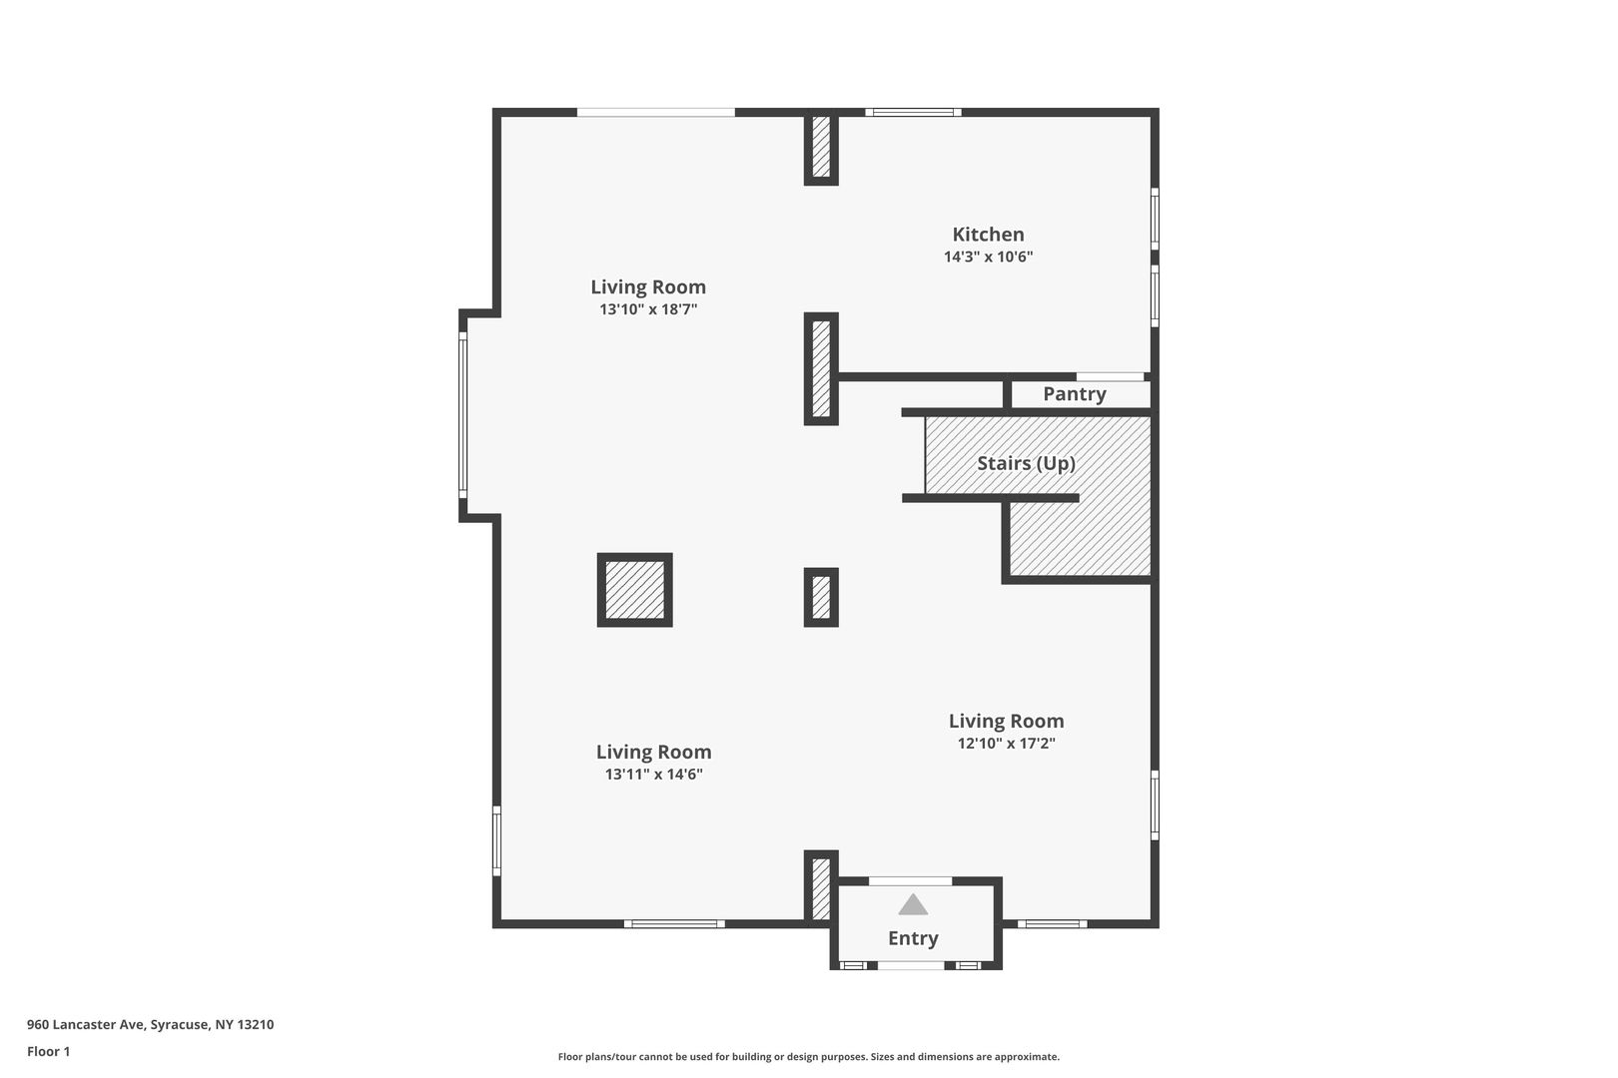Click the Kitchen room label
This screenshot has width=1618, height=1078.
tap(988, 235)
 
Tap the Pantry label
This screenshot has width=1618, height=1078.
tap(1074, 394)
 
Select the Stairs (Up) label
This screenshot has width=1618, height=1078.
tap(1026, 463)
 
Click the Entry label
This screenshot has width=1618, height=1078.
tap(913, 938)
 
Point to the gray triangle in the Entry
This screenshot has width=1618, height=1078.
tap(913, 905)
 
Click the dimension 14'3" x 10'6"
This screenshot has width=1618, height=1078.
tap(988, 258)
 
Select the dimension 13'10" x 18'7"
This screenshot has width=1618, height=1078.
tap(648, 309)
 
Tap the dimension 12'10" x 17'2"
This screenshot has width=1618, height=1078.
tap(1006, 744)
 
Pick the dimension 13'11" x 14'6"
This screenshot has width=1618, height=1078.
tap(654, 775)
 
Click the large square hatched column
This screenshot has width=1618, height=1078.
tap(635, 590)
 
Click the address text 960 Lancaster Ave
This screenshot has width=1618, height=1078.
tap(88, 1024)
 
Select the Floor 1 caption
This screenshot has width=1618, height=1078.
tap(48, 1051)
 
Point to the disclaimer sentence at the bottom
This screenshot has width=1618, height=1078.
tap(808, 1057)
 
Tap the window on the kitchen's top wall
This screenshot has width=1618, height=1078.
tap(913, 113)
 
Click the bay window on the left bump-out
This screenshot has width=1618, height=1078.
tap(463, 415)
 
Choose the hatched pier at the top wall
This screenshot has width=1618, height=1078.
tap(821, 148)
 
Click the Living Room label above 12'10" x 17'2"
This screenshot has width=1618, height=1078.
tap(1006, 722)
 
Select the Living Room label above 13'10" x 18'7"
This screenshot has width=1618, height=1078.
tap(648, 287)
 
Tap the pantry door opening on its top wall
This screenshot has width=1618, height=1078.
tap(1111, 377)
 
